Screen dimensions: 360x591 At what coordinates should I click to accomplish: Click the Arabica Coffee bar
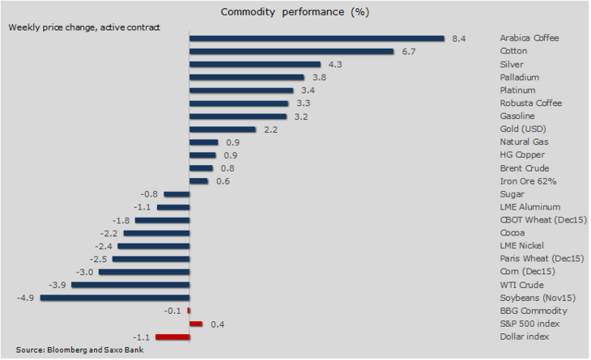(x=317, y=38)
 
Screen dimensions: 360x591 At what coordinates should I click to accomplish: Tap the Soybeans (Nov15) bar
(x=114, y=298)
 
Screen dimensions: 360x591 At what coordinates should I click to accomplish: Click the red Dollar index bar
(x=172, y=337)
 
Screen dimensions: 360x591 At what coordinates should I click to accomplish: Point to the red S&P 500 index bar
(x=195, y=324)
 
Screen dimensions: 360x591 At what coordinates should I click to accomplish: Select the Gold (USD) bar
(x=222, y=129)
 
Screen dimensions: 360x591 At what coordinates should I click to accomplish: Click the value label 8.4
(x=459, y=38)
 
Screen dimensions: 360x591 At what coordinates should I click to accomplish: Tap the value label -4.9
(x=26, y=298)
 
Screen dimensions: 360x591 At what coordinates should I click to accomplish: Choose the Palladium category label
(x=519, y=77)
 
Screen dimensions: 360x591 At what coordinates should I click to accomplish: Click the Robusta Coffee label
(x=530, y=103)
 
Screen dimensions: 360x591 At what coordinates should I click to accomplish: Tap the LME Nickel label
(x=522, y=245)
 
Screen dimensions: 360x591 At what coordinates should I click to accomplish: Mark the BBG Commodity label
(x=533, y=311)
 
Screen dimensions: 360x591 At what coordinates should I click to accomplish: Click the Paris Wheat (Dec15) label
(x=542, y=258)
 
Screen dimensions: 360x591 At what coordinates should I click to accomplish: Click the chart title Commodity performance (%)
(x=295, y=12)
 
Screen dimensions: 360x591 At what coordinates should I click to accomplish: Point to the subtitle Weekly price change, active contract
(x=84, y=27)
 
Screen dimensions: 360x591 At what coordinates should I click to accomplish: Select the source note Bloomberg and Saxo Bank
(x=79, y=349)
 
